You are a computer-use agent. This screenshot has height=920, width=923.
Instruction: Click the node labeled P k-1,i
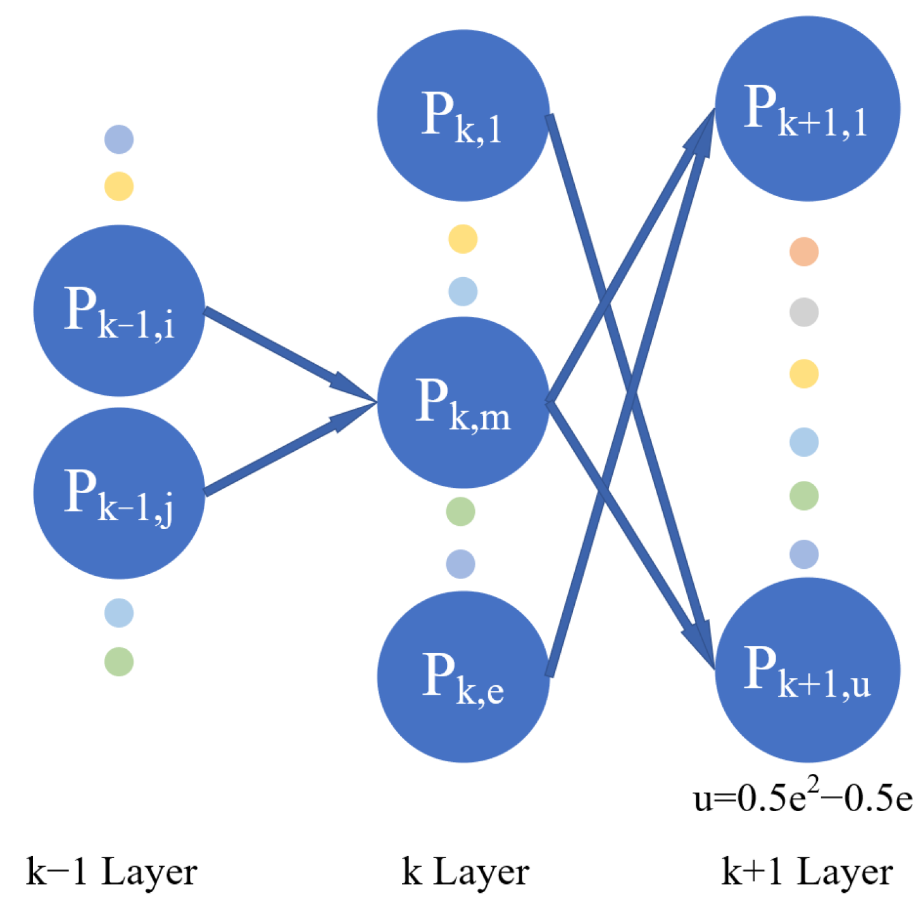119,311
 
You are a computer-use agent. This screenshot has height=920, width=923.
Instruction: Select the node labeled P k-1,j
119,493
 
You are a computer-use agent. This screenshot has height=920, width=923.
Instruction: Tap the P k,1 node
463,115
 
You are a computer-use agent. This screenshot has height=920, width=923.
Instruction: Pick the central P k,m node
463,402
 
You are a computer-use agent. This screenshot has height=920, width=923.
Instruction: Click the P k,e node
463,676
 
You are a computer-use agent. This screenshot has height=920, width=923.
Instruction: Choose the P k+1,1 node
807,109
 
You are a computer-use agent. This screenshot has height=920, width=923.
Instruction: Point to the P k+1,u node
807,669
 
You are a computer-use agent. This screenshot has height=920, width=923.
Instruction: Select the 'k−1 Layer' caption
111,872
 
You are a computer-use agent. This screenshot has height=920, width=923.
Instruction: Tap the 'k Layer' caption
465,872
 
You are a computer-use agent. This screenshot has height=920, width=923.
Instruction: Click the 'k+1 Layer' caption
807,872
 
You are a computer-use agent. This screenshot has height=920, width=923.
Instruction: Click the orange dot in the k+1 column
804,252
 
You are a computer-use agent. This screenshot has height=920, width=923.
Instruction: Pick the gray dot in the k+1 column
804,312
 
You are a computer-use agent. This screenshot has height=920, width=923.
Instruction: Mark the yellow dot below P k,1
463,239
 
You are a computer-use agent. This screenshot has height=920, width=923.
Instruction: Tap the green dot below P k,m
460,511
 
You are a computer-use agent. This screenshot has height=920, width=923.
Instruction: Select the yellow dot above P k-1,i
119,186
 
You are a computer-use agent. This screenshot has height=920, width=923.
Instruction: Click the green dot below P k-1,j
119,662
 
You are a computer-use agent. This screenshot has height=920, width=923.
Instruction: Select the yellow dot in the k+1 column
804,373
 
